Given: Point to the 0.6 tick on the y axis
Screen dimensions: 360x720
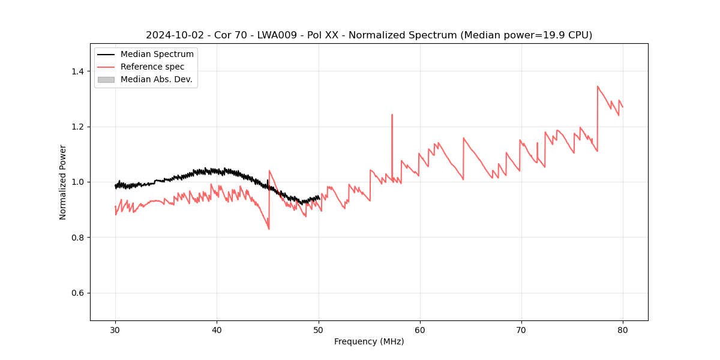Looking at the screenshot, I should pyautogui.click(x=77, y=293).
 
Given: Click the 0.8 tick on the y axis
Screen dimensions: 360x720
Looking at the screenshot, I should pyautogui.click(x=77, y=238).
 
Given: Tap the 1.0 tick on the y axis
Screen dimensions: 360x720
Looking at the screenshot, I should pyautogui.click(x=77, y=182).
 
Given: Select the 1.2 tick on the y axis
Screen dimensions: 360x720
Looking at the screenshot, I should pyautogui.click(x=77, y=127).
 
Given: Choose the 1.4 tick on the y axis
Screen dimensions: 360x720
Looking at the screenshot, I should pyautogui.click(x=77, y=71).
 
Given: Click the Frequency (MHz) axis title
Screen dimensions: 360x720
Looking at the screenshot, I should pyautogui.click(x=369, y=341).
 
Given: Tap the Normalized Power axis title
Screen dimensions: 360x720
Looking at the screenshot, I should pyautogui.click(x=63, y=182).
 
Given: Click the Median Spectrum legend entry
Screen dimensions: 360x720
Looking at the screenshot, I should pyautogui.click(x=157, y=55).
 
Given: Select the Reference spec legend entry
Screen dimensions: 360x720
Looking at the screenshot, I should pyautogui.click(x=152, y=67).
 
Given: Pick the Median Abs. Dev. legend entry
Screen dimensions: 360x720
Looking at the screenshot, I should pyautogui.click(x=156, y=79).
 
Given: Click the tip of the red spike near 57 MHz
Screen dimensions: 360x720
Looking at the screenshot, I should pyautogui.click(x=392, y=115).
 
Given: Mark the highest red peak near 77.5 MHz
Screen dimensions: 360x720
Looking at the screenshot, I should pyautogui.click(x=598, y=86).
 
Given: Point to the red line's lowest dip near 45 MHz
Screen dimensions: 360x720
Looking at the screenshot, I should pyautogui.click(x=269, y=229).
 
